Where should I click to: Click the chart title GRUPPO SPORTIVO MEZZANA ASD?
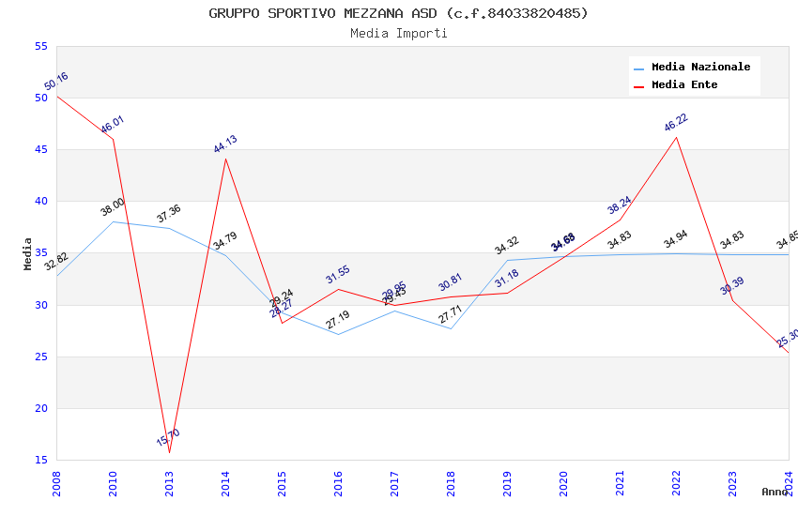click(x=398, y=13)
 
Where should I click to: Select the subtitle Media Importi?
click(x=398, y=33)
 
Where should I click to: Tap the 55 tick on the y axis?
click(x=40, y=47)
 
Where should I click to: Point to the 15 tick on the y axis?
click(x=40, y=460)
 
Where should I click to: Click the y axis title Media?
click(x=28, y=253)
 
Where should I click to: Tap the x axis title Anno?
click(x=775, y=492)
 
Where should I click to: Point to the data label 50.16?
click(x=56, y=82)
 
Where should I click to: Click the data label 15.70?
click(x=168, y=437)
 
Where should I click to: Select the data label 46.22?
click(x=676, y=123)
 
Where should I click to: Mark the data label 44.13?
click(x=225, y=144)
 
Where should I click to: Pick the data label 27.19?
click(x=338, y=320)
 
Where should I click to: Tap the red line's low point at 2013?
click(x=170, y=453)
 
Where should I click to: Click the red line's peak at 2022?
click(x=676, y=137)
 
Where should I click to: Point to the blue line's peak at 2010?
click(x=113, y=221)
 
